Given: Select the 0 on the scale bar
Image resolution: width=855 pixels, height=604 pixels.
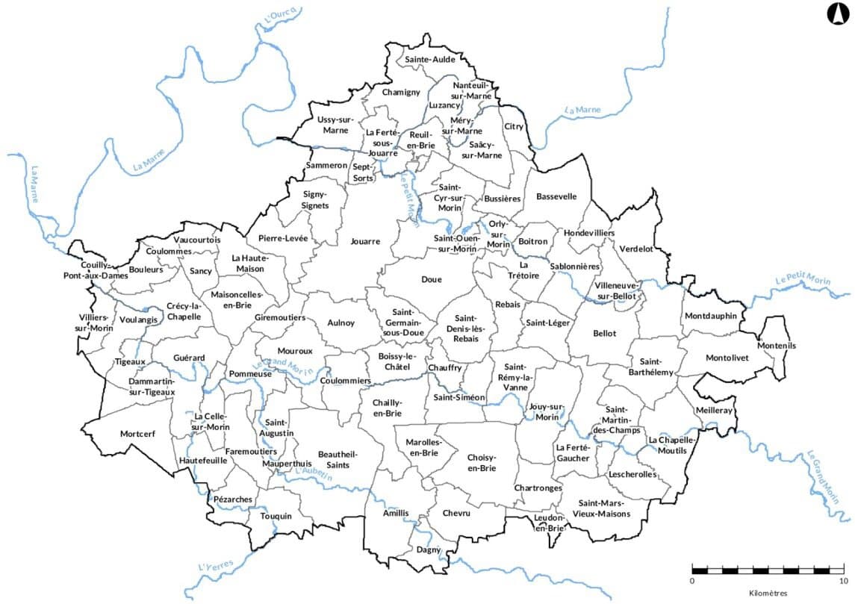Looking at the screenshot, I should click(692, 580).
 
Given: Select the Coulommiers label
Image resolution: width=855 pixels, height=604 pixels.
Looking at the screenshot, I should click(345, 381).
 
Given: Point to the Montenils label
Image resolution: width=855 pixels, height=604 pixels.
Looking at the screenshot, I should click(777, 346).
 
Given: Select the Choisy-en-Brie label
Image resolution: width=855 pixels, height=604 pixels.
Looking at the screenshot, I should click(482, 462).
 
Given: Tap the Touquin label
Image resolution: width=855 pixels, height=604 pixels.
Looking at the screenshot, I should click(276, 516).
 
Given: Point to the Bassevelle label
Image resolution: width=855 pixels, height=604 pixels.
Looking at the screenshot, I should click(556, 196).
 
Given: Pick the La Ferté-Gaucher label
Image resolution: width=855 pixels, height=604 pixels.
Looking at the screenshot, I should click(573, 452).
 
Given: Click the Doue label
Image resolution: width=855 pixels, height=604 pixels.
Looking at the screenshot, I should click(432, 279).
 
